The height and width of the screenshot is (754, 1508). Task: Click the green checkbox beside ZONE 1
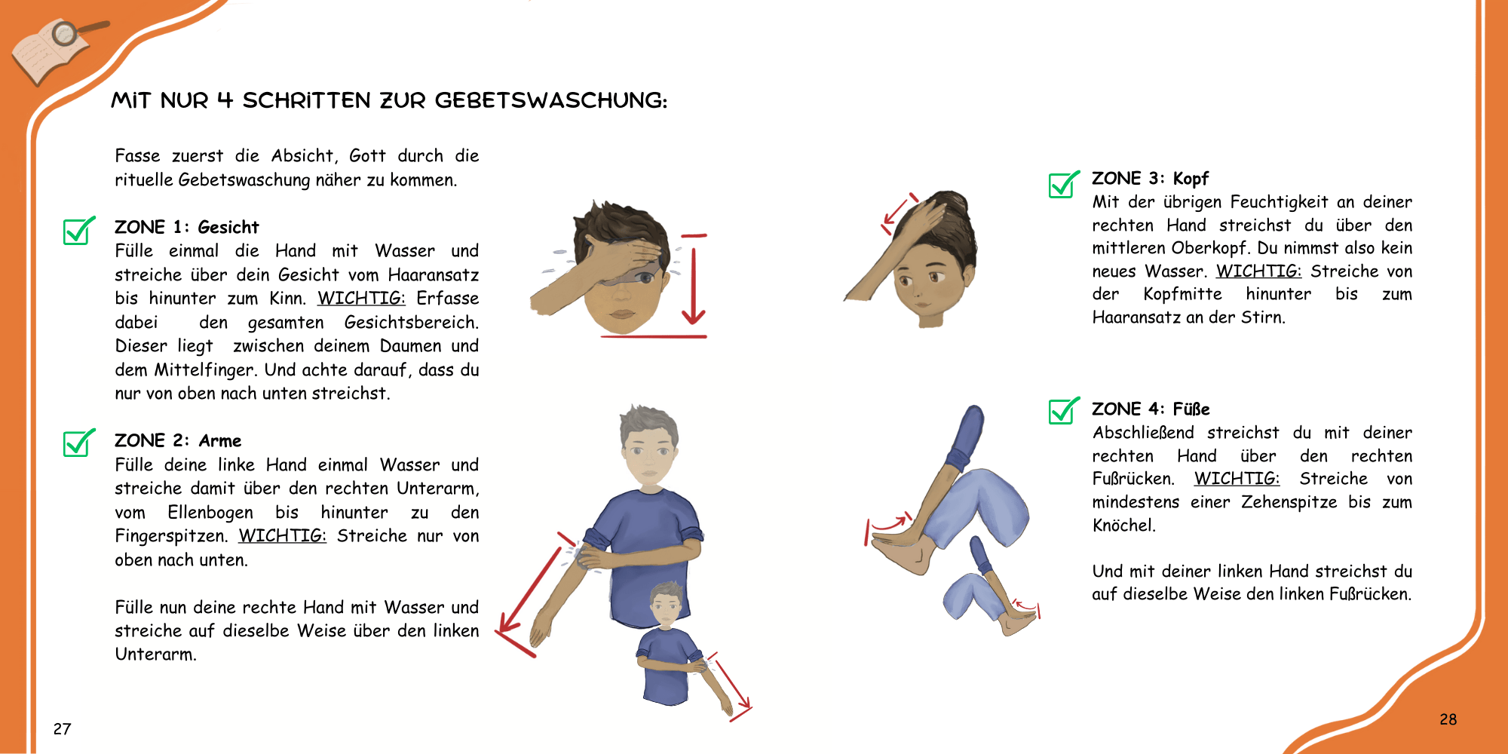(79, 231)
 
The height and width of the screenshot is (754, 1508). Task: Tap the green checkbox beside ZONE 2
(79, 443)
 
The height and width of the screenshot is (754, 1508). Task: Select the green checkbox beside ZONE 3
(1064, 184)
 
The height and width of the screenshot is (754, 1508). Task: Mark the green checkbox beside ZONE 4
(1064, 410)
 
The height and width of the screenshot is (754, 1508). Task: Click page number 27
(62, 729)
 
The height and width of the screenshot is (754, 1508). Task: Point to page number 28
(1448, 719)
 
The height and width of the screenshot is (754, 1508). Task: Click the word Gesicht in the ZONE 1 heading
(228, 228)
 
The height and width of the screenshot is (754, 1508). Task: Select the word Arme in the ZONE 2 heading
(220, 441)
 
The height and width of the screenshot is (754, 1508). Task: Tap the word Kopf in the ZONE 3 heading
(1191, 179)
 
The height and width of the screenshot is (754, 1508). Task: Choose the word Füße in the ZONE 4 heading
(1191, 409)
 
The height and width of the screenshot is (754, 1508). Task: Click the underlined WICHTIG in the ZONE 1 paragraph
(361, 299)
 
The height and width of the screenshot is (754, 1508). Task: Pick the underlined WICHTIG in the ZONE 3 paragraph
(1258, 271)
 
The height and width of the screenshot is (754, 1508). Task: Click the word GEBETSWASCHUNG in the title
(551, 100)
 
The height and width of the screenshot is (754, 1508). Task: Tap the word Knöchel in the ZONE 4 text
(1124, 526)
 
